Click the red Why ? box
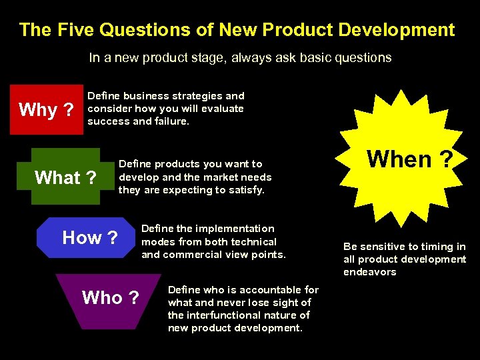[x=46, y=110]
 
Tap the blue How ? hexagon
[x=89, y=237]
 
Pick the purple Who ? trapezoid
[x=110, y=298]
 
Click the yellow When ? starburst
[x=410, y=159]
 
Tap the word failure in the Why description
[x=170, y=122]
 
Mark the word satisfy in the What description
[x=245, y=191]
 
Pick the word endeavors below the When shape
[x=370, y=272]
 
